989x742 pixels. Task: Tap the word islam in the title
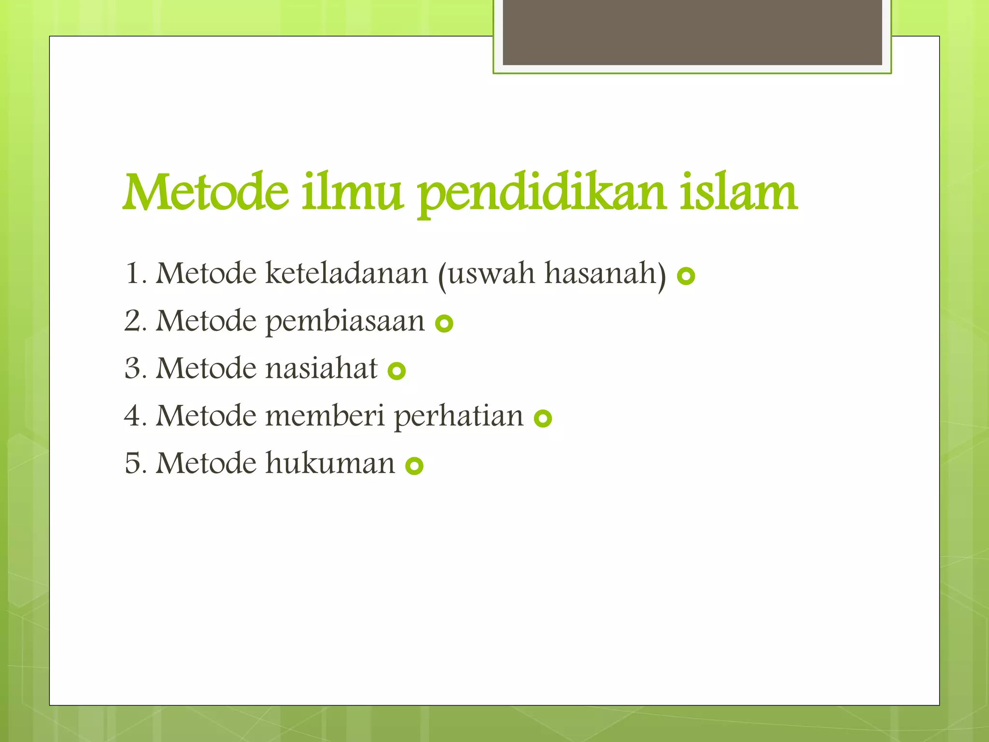(x=738, y=193)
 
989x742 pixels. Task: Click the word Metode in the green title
(x=206, y=193)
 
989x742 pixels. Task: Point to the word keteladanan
(x=346, y=273)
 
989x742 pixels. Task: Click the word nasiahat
(x=321, y=368)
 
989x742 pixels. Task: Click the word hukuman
(x=330, y=463)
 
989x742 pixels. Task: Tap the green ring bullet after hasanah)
(x=686, y=276)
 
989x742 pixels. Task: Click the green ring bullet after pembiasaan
(x=444, y=323)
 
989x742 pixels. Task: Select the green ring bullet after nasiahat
(x=396, y=371)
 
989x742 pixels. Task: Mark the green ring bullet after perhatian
(x=543, y=418)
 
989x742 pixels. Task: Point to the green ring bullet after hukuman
(x=414, y=466)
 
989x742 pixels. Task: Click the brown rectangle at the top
(x=692, y=32)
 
